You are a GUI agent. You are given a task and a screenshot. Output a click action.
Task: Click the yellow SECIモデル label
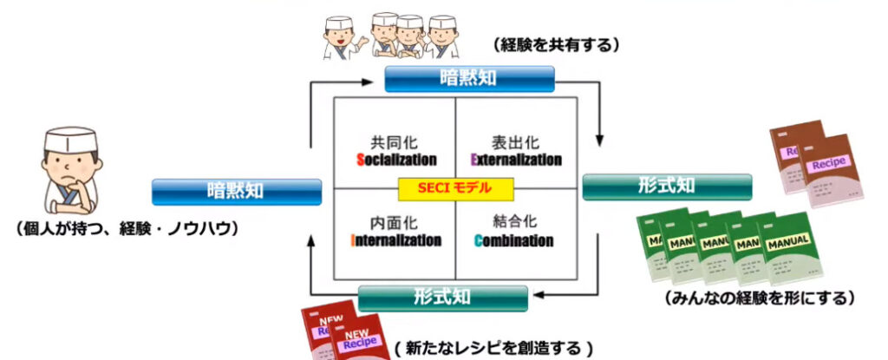coord(456,187)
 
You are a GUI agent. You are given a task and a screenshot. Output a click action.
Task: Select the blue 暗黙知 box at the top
coord(468,79)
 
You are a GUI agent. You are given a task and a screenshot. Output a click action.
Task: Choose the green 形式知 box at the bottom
coord(442,298)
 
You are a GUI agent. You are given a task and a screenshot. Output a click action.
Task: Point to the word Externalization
coord(516,160)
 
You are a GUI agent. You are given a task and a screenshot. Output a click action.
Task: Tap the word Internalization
coord(396,240)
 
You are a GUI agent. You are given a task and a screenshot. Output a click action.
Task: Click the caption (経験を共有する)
coord(555,44)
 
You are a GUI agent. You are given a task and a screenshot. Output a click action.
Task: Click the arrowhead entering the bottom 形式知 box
coord(538,297)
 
